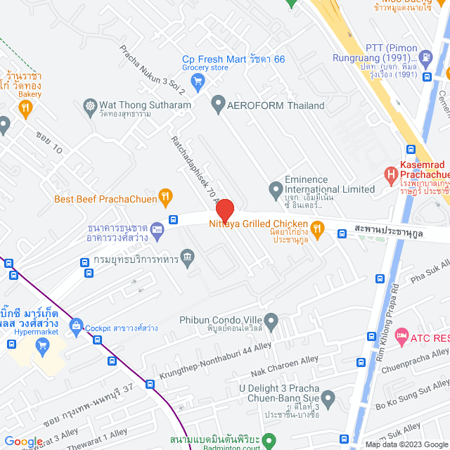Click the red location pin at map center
(x=225, y=210)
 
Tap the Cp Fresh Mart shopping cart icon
(x=198, y=81)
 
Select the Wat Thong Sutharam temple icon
(x=90, y=106)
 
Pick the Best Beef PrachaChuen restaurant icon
(x=165, y=196)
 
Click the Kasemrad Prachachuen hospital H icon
(x=390, y=173)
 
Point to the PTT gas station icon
(x=425, y=56)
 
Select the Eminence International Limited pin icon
(x=276, y=189)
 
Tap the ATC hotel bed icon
(x=401, y=337)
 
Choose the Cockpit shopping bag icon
(x=75, y=324)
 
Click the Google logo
(x=23, y=442)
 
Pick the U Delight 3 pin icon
(x=328, y=401)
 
